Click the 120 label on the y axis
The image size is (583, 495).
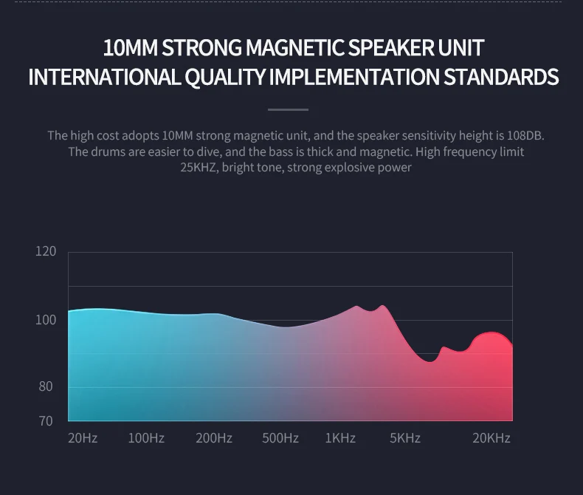pos(46,252)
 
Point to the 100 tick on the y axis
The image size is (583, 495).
pos(46,320)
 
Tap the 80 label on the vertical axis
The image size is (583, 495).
pos(46,386)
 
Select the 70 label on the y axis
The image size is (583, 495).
pos(46,421)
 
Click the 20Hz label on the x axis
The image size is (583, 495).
pos(83,438)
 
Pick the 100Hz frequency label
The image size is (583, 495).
pos(146,438)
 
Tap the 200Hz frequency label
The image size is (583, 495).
pos(214,438)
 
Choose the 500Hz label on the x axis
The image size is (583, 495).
pos(280,438)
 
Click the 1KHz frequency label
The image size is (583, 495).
pos(340,438)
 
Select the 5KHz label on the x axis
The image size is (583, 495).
pos(405,438)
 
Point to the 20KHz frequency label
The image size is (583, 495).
pos(491,438)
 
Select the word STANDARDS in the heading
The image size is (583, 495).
pos(501,77)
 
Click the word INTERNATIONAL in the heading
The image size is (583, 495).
pos(104,77)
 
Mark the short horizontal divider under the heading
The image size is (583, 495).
pos(288,110)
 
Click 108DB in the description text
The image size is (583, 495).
pos(525,135)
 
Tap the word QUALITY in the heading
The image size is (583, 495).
pos(226,77)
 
